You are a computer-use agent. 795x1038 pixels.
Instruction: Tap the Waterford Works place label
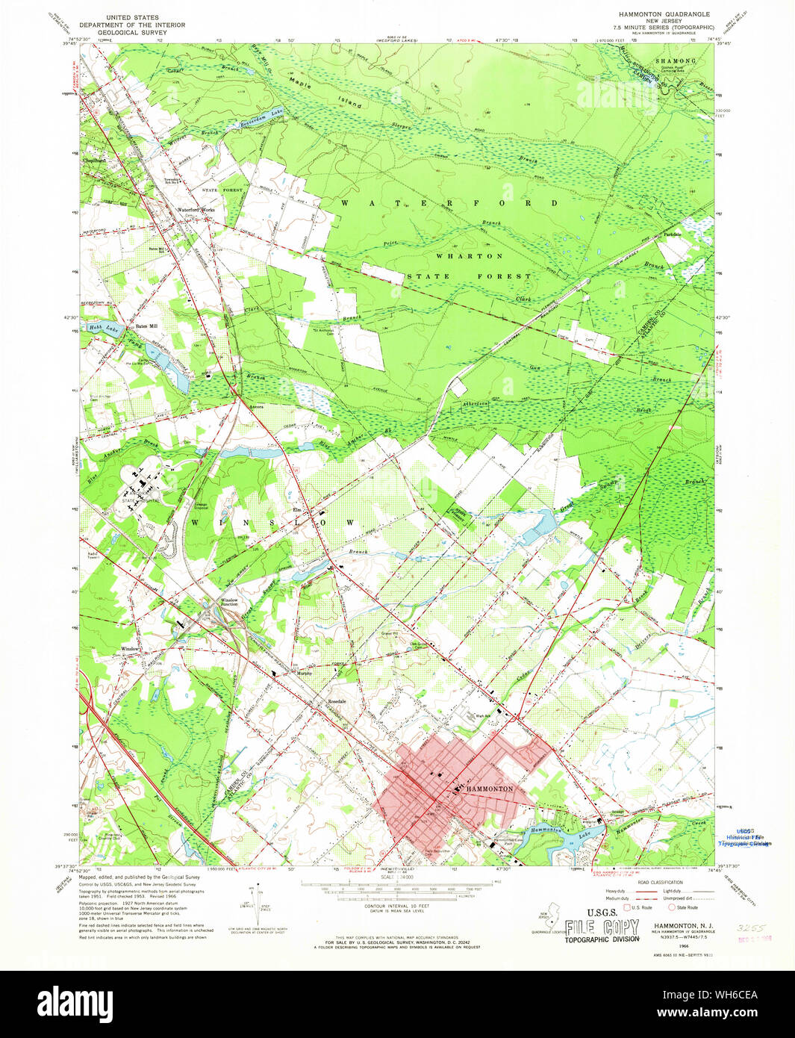(x=196, y=210)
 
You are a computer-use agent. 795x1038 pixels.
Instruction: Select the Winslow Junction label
(x=228, y=602)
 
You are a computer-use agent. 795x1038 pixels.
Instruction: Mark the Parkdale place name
(x=673, y=234)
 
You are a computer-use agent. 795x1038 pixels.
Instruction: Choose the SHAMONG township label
(x=675, y=60)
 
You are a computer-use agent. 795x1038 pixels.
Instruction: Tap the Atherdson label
(x=475, y=403)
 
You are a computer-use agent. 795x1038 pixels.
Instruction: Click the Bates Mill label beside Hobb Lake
(x=146, y=326)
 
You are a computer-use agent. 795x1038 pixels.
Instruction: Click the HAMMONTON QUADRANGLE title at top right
(x=664, y=14)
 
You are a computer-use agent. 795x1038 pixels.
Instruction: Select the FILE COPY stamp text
(x=602, y=927)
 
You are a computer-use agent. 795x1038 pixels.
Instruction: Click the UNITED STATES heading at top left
(x=132, y=16)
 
